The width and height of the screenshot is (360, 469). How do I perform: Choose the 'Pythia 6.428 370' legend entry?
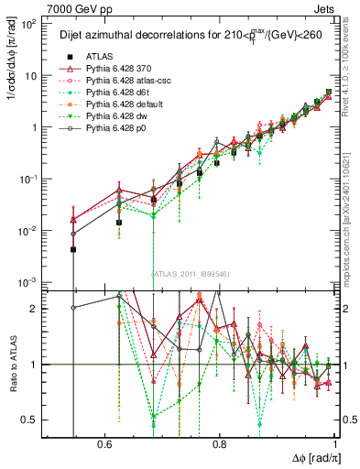click(123, 69)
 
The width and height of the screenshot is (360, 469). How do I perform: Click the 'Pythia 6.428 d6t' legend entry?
click(123, 93)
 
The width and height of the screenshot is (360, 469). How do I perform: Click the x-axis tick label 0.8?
click(220, 443)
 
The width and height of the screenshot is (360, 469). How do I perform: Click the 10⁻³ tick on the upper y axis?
click(27, 281)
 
